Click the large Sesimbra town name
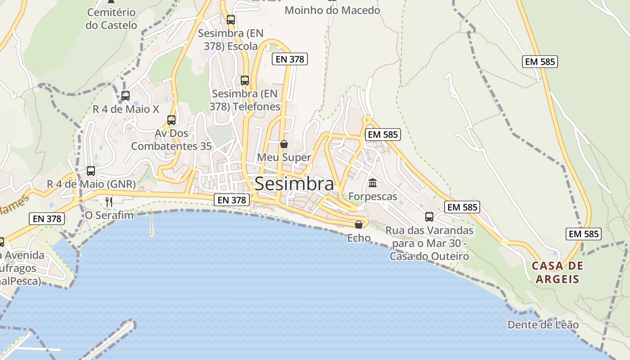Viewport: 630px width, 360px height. click(294, 184)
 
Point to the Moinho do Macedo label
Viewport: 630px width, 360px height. click(332, 10)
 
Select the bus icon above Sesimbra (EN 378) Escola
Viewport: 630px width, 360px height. click(231, 20)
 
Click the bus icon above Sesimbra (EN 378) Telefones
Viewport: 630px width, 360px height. click(245, 81)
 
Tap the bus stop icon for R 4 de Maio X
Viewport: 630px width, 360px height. click(126, 95)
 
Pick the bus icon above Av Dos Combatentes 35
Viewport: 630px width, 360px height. click(171, 120)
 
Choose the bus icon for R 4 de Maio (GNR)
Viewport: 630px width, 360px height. click(91, 171)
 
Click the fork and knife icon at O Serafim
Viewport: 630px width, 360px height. click(109, 202)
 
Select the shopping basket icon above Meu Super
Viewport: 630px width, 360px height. click(284, 144)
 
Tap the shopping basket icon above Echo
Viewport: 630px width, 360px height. click(359, 224)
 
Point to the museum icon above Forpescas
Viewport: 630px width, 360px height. click(373, 183)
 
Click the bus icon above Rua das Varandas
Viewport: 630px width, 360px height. click(429, 217)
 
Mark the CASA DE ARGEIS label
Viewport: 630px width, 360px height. click(557, 272)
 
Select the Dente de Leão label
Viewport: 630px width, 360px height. click(543, 324)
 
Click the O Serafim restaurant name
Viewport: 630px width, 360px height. click(109, 215)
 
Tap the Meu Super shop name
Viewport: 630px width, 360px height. click(284, 157)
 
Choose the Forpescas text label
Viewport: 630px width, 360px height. click(373, 197)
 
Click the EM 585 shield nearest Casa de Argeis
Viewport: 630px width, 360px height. click(584, 234)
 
